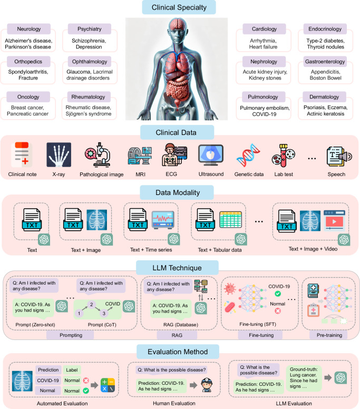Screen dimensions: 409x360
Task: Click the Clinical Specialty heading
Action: click(x=179, y=7)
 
